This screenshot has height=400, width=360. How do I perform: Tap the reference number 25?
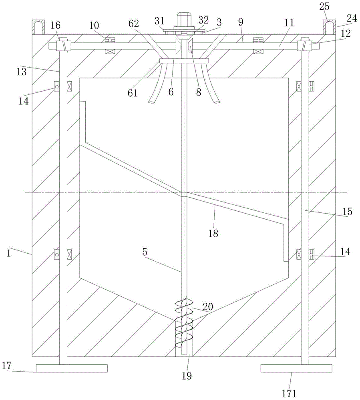(324, 7)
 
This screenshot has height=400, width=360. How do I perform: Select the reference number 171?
(289, 393)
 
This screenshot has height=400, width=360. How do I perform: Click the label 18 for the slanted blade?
(213, 233)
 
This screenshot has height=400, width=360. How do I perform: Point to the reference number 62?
(134, 24)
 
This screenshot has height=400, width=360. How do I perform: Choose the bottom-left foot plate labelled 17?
(72, 368)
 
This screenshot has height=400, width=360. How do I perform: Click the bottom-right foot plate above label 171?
(296, 368)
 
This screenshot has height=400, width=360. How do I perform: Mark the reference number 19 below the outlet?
(187, 376)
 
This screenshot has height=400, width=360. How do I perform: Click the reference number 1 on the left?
(9, 253)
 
